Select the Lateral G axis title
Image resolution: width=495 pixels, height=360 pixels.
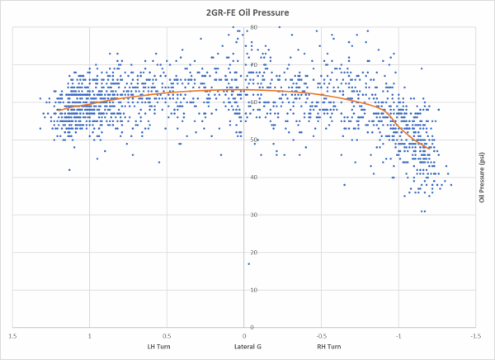pyautogui.click(x=247, y=347)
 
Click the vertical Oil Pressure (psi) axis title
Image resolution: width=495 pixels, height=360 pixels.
pyautogui.click(x=481, y=178)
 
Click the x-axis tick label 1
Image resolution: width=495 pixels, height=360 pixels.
pyautogui.click(x=89, y=336)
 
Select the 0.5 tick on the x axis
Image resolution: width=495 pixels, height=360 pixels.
pyautogui.click(x=167, y=336)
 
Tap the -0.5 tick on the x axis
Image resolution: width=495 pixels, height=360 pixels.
pyautogui.click(x=321, y=336)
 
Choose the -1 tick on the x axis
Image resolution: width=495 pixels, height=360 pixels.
pyautogui.click(x=398, y=336)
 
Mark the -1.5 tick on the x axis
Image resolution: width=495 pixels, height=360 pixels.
pyautogui.click(x=475, y=336)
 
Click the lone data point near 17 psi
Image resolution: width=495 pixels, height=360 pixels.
pyautogui.click(x=249, y=264)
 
